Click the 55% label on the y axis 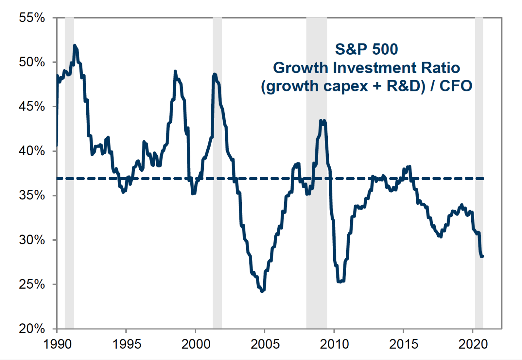[x=32, y=18]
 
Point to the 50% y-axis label [x=32, y=62]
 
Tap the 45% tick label [x=32, y=107]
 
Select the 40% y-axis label [x=32, y=151]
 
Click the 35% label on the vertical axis [x=32, y=195]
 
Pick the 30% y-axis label [x=32, y=240]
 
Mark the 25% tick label [x=32, y=285]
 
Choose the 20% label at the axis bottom [x=32, y=329]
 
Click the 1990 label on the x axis [x=57, y=344]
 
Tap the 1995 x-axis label [x=127, y=344]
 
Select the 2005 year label [x=265, y=344]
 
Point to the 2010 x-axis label [x=334, y=344]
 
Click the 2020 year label [x=473, y=344]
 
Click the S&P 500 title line [x=366, y=49]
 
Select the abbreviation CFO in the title [x=456, y=86]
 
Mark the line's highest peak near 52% [x=75, y=45]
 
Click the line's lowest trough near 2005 [x=262, y=291]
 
